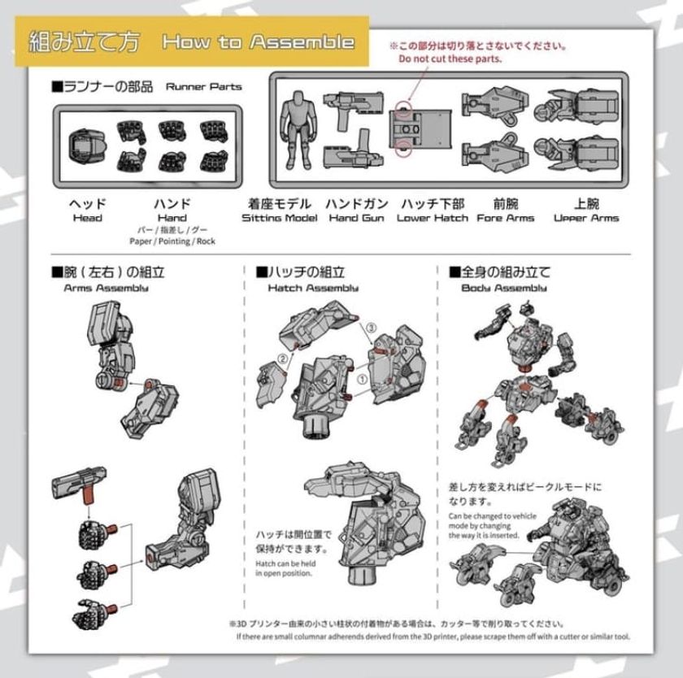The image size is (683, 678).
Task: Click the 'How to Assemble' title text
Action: (258, 42)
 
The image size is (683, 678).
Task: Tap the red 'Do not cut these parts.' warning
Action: (450, 59)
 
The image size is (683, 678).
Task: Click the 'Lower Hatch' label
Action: (432, 218)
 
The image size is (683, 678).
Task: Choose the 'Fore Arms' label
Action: (505, 218)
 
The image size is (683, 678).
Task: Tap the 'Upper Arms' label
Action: (585, 218)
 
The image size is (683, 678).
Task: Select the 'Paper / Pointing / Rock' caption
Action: (172, 241)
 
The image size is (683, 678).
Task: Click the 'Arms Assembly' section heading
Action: (107, 288)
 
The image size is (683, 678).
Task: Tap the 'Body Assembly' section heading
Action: (504, 288)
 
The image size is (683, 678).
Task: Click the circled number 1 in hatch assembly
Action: (361, 379)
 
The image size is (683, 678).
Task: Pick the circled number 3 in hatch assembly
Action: (372, 327)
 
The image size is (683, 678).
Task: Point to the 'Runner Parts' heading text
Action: (203, 86)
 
